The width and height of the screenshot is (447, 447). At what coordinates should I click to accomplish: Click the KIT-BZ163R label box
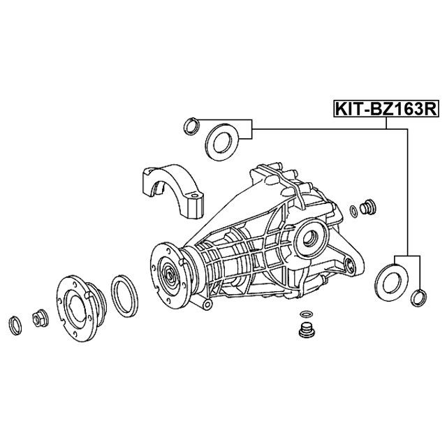coord(386,109)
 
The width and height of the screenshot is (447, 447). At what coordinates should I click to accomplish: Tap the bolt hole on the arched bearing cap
coord(193,196)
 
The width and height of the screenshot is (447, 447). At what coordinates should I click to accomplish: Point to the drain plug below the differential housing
coord(306,331)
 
